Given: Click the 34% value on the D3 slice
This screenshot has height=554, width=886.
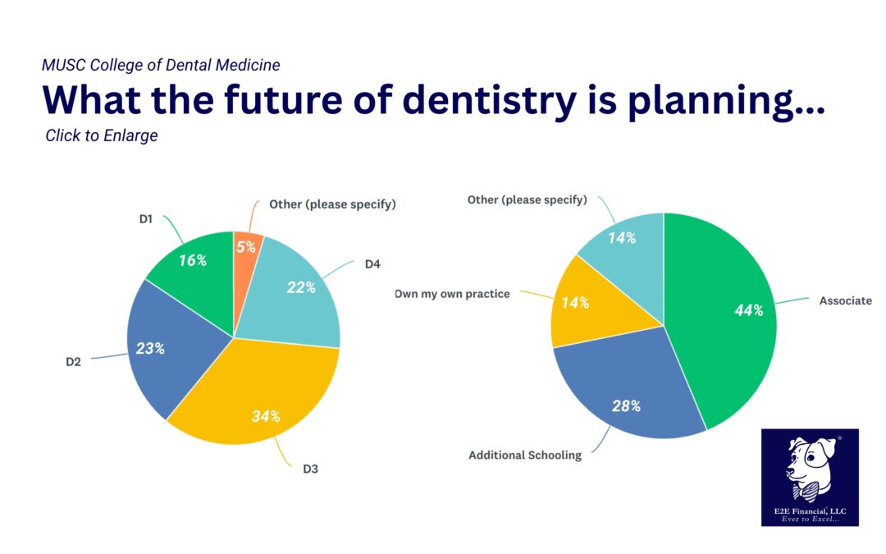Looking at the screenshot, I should (266, 416).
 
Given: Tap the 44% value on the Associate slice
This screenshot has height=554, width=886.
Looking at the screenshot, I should (749, 310).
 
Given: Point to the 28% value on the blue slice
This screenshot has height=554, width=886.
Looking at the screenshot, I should (626, 405).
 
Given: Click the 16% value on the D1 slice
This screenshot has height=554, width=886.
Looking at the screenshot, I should (192, 260).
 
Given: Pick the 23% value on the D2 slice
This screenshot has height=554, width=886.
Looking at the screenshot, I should (150, 348).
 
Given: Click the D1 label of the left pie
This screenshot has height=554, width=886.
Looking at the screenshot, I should (147, 220).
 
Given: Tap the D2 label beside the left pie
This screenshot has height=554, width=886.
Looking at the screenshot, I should (74, 361).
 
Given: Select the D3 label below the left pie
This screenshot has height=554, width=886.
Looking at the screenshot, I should (311, 469).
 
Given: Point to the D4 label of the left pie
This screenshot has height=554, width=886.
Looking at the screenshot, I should (372, 264).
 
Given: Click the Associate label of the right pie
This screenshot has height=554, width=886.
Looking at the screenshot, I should (845, 300).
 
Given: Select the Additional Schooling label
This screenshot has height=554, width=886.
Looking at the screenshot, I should (525, 455).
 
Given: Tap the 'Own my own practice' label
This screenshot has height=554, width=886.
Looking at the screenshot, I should (452, 293).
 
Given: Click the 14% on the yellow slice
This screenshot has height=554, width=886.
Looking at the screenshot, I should (575, 302).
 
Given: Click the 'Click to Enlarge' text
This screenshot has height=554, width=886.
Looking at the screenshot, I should (102, 135).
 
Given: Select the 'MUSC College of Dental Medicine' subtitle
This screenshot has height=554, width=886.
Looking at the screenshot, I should (161, 65).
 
